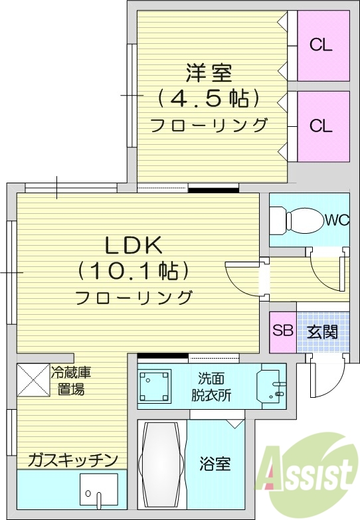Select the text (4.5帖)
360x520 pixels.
209,98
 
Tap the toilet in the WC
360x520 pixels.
298,220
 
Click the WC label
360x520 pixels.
337,220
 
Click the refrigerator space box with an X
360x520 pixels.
33,381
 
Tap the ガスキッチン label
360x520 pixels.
73,460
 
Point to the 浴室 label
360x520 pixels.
215,464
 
